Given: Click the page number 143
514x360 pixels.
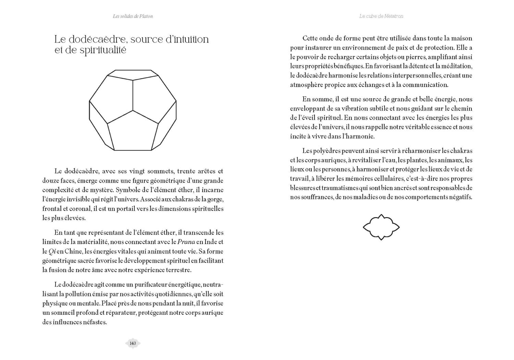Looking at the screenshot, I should pyautogui.click(x=133, y=343).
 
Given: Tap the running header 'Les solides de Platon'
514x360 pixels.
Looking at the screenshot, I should pyautogui.click(x=133, y=16).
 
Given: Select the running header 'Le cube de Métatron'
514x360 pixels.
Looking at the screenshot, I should pyautogui.click(x=381, y=16).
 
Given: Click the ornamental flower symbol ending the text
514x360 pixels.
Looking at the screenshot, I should pyautogui.click(x=381, y=227).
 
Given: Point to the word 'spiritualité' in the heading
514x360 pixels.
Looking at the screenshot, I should pyautogui.click(x=103, y=50).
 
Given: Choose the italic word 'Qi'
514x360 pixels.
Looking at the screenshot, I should pyautogui.click(x=52, y=251).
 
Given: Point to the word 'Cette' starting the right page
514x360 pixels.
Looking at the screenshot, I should pyautogui.click(x=310, y=38).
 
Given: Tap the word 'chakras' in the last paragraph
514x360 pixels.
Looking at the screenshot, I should pyautogui.click(x=461, y=151).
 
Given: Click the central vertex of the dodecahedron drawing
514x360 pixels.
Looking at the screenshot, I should pyautogui.click(x=133, y=110).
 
